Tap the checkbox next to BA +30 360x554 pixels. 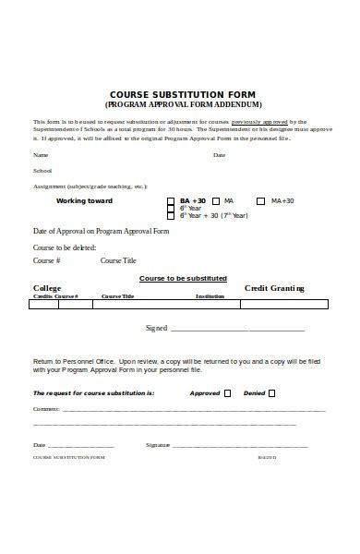click(170, 200)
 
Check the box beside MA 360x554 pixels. click(216, 200)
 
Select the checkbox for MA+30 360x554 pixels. click(262, 200)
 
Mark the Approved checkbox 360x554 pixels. click(227, 392)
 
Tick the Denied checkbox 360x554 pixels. click(271, 392)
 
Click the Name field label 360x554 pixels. click(41, 155)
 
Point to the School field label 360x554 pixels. click(42, 171)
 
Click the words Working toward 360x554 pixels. click(84, 200)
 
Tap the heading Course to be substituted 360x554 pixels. click(183, 278)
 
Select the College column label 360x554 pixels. click(47, 288)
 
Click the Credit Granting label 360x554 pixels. click(273, 288)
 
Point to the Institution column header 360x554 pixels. click(210, 296)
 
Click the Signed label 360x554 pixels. click(156, 328)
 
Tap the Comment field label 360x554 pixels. click(46, 407)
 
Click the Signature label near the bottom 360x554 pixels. click(158, 445)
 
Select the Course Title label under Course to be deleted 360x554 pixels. click(118, 261)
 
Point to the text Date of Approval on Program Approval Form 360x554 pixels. click(102, 231)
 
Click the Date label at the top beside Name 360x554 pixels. click(219, 155)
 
